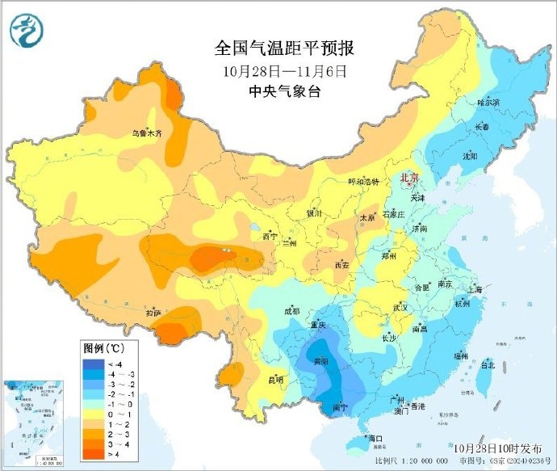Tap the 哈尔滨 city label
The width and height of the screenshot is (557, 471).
pyautogui.click(x=488, y=103)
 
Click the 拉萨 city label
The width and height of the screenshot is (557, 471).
pyautogui.click(x=154, y=313)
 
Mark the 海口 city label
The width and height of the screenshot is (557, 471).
pyautogui.click(x=374, y=439)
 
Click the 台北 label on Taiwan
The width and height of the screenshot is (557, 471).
pyautogui.click(x=487, y=364)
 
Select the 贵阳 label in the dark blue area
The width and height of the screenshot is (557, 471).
pyautogui.click(x=320, y=362)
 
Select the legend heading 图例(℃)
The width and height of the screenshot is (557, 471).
pyautogui.click(x=103, y=349)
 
